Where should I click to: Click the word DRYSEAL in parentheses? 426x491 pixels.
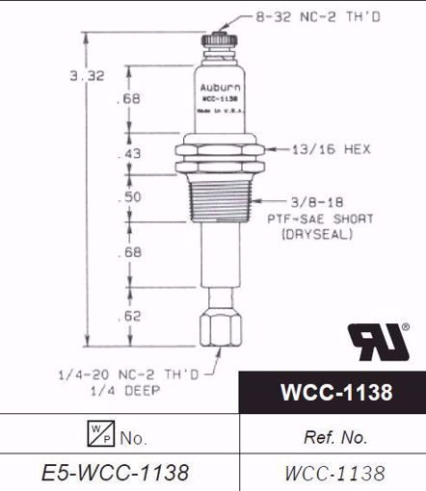(x=319, y=234)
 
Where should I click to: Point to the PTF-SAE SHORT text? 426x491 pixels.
(x=319, y=219)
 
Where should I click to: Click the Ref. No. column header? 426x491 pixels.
(x=334, y=437)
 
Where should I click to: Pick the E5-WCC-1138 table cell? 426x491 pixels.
(x=117, y=473)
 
